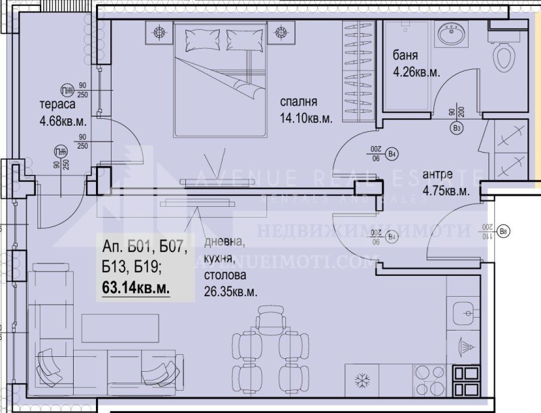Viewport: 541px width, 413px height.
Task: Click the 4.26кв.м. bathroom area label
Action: [x=417, y=70]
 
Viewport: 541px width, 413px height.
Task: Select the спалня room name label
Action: [x=300, y=103]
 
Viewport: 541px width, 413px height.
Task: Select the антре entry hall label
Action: [x=438, y=175]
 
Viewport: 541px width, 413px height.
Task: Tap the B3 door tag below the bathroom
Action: [x=456, y=127]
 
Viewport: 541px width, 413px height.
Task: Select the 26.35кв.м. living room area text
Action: [x=230, y=291]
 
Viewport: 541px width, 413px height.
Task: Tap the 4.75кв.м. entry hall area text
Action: [x=446, y=191]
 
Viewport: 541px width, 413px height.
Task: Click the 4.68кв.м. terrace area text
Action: [x=62, y=122]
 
